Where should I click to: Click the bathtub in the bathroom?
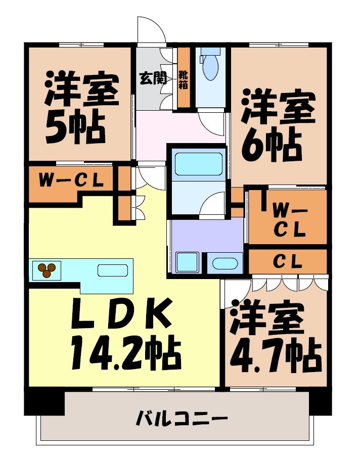[x=198, y=164]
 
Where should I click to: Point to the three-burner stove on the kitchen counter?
[x=47, y=270]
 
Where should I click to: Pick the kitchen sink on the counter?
[x=112, y=270]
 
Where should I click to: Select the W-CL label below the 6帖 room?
[x=289, y=219]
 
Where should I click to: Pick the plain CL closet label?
[x=288, y=261]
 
